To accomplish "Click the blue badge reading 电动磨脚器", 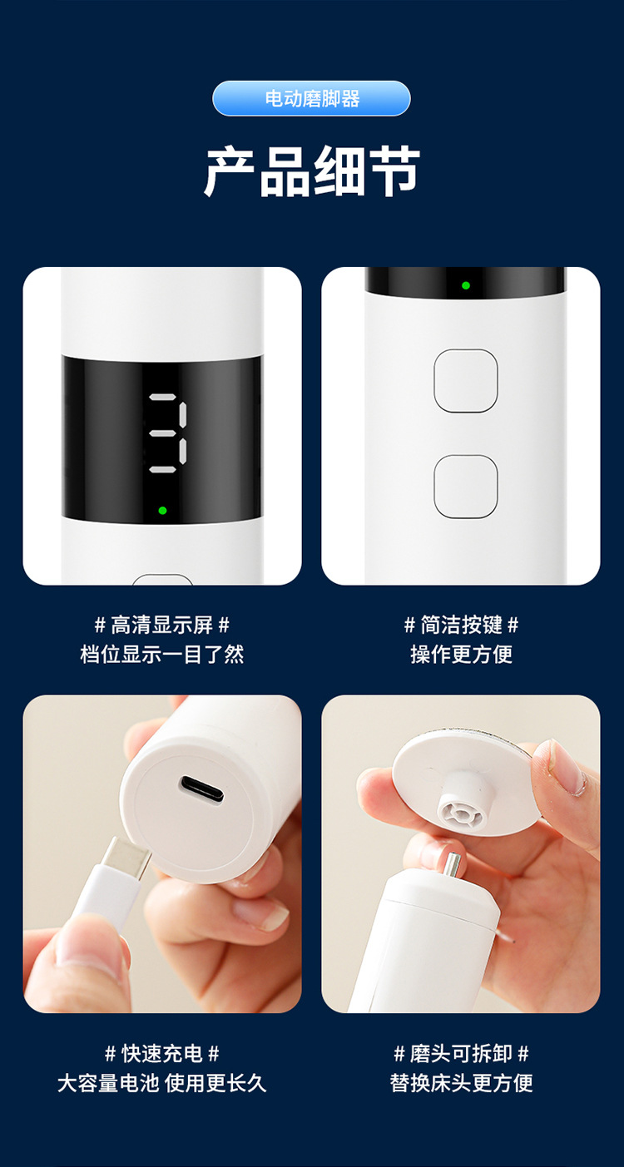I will tap(311, 98).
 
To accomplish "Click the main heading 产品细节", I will tap(312, 172).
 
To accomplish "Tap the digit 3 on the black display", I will tap(166, 433).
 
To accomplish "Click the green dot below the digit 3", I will tap(162, 510).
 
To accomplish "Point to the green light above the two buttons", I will tap(466, 285).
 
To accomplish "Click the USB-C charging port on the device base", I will tap(201, 789).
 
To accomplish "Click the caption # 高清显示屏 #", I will tap(162, 625).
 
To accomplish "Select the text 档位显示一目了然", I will tap(162, 654).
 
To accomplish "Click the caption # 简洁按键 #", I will tap(461, 625).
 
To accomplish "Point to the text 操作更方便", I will tap(461, 654).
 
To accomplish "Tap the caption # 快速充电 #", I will tap(162, 1054).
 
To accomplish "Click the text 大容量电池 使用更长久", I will tap(162, 1083).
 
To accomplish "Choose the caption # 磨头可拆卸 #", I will tap(461, 1054).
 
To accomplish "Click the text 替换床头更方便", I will tap(461, 1083).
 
